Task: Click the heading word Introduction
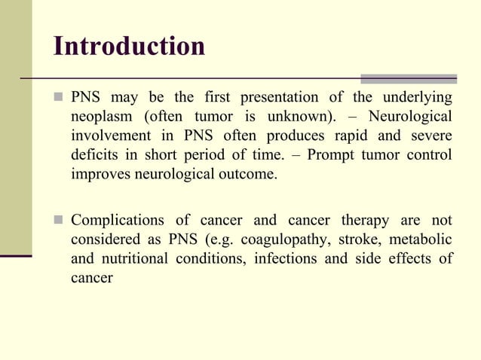tap(130, 46)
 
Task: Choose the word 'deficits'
tap(96, 155)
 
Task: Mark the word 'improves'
tap(100, 175)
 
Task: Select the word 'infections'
tap(287, 259)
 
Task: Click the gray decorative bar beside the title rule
tap(409, 78)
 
